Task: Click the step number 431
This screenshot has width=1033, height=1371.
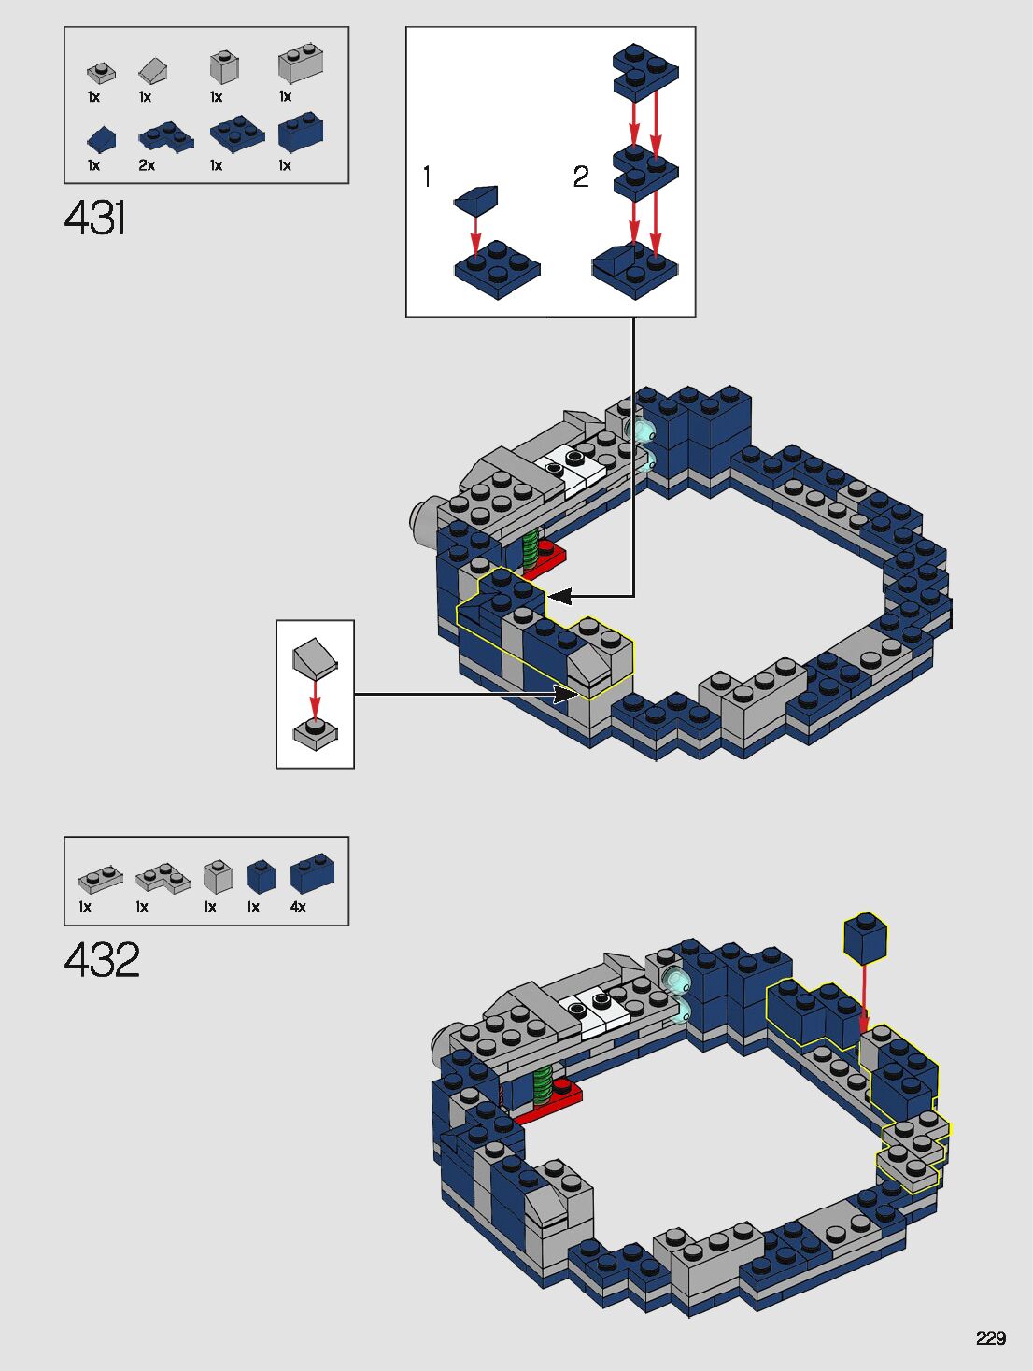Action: click(x=95, y=218)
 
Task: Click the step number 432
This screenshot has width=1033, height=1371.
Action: click(x=102, y=960)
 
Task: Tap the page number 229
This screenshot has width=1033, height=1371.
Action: click(x=990, y=1337)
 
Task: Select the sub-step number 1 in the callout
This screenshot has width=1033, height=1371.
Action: click(x=427, y=177)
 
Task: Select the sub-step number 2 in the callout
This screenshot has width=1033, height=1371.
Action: click(x=581, y=177)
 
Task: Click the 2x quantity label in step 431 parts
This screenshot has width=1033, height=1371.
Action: click(x=147, y=165)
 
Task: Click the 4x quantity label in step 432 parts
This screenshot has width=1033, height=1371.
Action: click(x=298, y=907)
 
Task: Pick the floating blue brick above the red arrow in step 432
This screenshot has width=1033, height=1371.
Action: click(x=865, y=938)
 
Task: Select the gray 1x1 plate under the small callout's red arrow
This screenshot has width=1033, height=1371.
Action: click(x=316, y=732)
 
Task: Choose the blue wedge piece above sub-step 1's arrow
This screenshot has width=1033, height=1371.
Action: click(x=476, y=198)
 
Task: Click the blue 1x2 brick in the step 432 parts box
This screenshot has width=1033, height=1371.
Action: click(x=312, y=874)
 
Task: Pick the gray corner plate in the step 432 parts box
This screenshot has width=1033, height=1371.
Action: click(x=163, y=878)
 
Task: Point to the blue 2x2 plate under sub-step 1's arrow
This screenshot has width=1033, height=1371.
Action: click(x=497, y=269)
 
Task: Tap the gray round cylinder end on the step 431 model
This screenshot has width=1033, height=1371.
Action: click(x=422, y=520)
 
